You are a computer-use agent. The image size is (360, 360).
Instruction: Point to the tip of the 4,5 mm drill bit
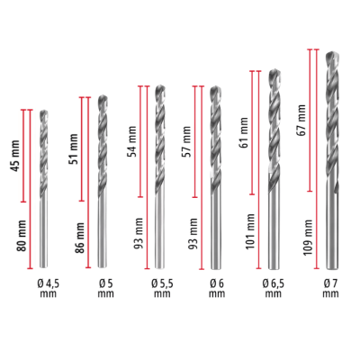coord(44,112)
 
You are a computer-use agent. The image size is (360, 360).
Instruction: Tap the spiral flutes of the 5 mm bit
coord(102,135)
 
